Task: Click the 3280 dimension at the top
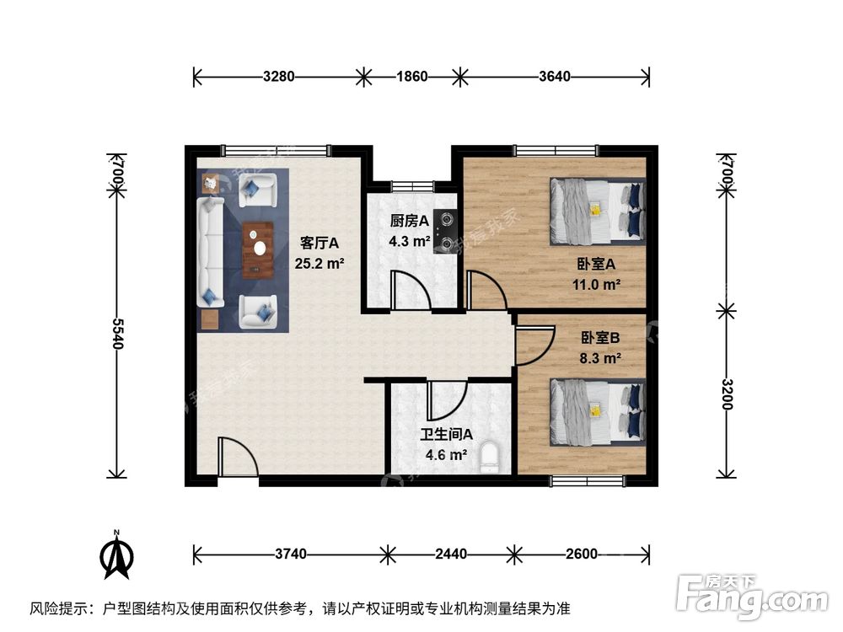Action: (278, 77)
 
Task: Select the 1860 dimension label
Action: (412, 77)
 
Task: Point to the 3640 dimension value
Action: (555, 77)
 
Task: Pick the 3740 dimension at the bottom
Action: (290, 554)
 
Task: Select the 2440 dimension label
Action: (451, 554)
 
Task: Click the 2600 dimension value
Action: (582, 554)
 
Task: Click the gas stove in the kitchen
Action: (443, 231)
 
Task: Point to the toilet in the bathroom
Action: (490, 458)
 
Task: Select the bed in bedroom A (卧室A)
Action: (597, 211)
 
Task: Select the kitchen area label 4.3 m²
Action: (408, 241)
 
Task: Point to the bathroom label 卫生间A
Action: (447, 436)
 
